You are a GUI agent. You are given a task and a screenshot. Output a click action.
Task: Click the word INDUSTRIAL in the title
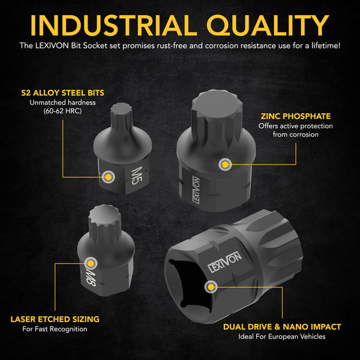click(113, 25)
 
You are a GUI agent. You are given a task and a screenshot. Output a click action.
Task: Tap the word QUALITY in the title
click(268, 26)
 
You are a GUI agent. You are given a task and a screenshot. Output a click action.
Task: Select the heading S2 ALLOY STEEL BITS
click(62, 93)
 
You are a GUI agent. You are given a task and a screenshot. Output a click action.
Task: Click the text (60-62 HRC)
click(62, 111)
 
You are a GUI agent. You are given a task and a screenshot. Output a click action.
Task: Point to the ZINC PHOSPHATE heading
click(296, 116)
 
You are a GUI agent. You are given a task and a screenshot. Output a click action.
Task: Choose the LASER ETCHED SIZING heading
click(55, 319)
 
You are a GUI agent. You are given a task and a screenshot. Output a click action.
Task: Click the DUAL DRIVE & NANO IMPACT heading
click(282, 327)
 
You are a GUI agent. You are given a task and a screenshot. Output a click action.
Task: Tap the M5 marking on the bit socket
click(137, 175)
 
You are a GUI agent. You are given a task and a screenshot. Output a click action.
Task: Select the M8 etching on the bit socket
click(91, 278)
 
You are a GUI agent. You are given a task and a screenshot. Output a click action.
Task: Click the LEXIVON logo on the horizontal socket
click(224, 262)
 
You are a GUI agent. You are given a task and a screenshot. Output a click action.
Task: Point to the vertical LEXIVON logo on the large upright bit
click(196, 190)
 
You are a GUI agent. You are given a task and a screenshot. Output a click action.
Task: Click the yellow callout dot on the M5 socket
click(108, 177)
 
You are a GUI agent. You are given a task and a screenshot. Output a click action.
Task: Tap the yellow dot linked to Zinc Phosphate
click(225, 164)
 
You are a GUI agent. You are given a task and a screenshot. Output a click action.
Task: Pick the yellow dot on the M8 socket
click(91, 263)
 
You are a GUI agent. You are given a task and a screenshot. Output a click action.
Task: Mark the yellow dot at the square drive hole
click(211, 287)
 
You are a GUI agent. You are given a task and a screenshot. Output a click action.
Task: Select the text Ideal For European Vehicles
click(282, 337)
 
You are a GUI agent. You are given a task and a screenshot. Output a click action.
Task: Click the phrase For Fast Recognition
click(55, 329)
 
